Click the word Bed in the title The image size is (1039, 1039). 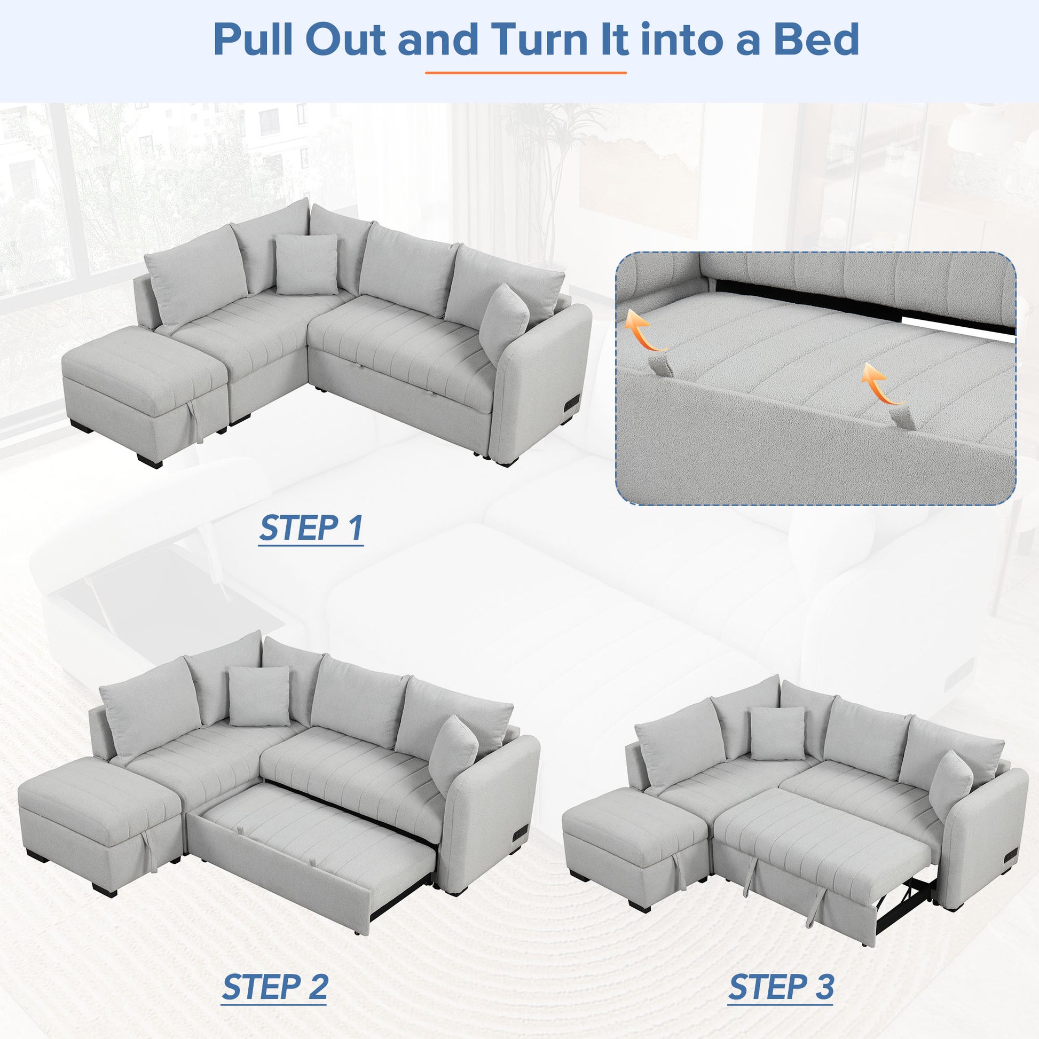click(815, 40)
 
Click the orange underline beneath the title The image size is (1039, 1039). click(525, 73)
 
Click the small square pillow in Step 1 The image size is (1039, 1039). click(306, 264)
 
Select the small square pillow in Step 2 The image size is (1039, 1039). click(258, 696)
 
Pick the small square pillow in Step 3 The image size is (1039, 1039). click(777, 733)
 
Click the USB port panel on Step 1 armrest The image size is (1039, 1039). click(571, 402)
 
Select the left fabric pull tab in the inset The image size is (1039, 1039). click(660, 366)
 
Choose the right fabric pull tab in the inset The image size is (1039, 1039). click(903, 418)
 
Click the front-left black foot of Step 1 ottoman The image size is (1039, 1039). click(149, 461)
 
